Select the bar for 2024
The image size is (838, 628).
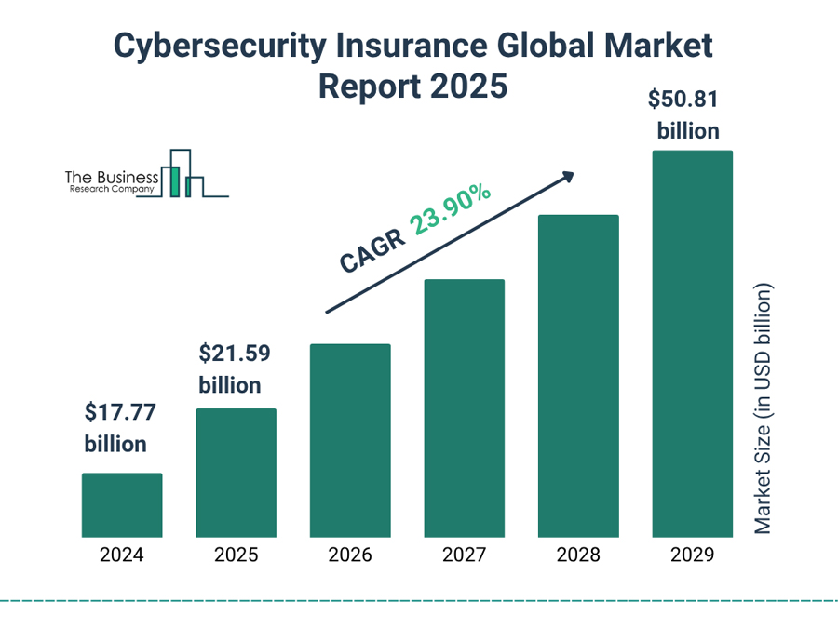tap(122, 505)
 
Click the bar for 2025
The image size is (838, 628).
tap(236, 473)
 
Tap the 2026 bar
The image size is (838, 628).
tap(350, 441)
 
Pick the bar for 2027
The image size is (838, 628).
tap(464, 408)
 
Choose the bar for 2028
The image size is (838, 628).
tap(578, 376)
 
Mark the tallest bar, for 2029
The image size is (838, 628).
tap(692, 344)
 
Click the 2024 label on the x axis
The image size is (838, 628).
tap(122, 555)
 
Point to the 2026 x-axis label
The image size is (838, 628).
tap(350, 555)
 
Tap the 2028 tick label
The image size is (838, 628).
tap(578, 555)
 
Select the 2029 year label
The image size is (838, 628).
tap(692, 555)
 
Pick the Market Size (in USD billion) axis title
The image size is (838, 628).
tap(763, 408)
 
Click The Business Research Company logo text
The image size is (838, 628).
tap(110, 180)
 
